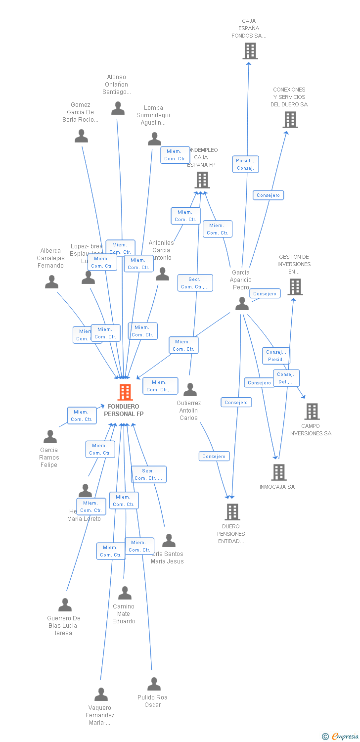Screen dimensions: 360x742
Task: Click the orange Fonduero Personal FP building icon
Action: (125, 392)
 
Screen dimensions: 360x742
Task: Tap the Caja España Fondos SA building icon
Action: (250, 50)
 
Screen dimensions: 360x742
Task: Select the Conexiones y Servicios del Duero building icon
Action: (290, 120)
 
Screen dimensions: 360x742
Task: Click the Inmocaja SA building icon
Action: (279, 472)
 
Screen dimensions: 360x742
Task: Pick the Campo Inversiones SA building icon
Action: (312, 412)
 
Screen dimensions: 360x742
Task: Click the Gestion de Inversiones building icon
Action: (295, 287)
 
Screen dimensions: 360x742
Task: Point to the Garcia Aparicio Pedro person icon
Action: (242, 304)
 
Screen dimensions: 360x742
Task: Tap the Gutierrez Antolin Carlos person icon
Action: (190, 390)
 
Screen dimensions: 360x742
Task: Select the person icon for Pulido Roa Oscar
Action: (154, 684)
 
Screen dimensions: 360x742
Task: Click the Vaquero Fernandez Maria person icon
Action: (101, 695)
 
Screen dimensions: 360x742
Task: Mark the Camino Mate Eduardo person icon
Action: (125, 593)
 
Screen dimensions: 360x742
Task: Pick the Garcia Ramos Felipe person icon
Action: (50, 437)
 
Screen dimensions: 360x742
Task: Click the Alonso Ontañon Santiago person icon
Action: (118, 108)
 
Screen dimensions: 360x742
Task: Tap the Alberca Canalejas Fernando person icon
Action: (51, 282)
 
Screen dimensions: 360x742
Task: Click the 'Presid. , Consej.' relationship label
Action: (246, 164)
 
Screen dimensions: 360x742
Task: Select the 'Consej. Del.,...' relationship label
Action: (286, 378)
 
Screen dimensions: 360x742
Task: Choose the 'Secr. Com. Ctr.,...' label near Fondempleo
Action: (195, 283)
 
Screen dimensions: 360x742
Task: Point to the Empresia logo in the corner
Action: (341, 737)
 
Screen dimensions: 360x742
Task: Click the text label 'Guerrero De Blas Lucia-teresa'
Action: (64, 625)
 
